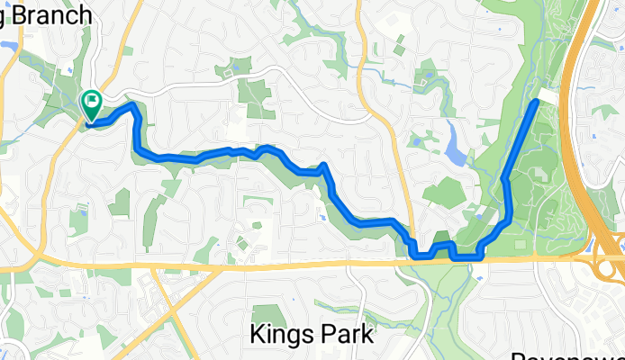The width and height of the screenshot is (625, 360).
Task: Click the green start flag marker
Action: (92, 103)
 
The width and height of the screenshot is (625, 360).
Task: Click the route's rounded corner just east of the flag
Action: (135, 107)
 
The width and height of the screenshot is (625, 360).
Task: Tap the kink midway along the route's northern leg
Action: (507, 179)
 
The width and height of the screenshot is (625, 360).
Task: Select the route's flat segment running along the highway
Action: (466, 257)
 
